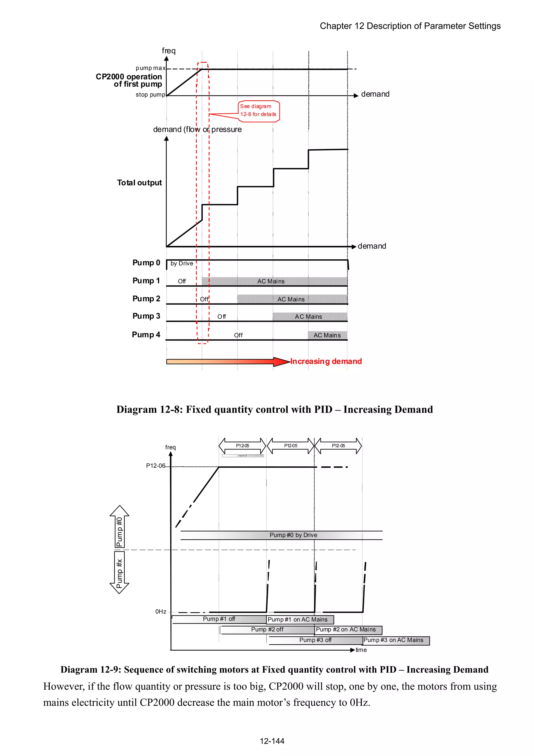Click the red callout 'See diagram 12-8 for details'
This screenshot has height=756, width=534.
click(x=259, y=111)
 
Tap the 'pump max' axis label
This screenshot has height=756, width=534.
click(x=150, y=68)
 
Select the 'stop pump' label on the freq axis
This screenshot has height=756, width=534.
click(x=150, y=95)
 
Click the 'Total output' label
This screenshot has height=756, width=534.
click(x=139, y=183)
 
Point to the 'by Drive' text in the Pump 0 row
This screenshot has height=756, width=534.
click(x=182, y=263)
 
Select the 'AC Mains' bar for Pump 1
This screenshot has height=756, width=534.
click(x=271, y=281)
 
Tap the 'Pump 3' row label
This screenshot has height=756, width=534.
click(x=146, y=316)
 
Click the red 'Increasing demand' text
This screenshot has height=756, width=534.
click(x=326, y=361)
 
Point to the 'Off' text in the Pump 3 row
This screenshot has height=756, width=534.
click(x=221, y=317)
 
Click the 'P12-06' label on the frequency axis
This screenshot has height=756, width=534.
click(x=156, y=466)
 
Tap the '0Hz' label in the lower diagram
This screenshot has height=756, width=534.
click(x=161, y=611)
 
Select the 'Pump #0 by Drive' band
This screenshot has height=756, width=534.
click(x=293, y=535)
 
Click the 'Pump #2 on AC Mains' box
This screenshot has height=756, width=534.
click(x=348, y=629)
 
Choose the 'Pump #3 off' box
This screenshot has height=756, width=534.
click(x=315, y=640)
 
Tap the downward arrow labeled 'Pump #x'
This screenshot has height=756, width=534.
click(x=119, y=573)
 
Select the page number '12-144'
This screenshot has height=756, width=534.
click(x=272, y=741)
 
